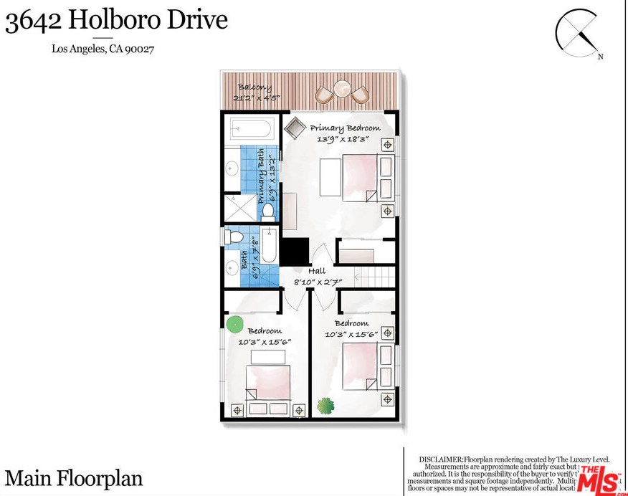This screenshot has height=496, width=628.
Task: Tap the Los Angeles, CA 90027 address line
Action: [103, 49]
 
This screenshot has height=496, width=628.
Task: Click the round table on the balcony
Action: [342, 90]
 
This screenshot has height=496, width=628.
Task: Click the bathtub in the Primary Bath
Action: [250, 131]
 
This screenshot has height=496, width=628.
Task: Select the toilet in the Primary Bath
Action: [267, 211]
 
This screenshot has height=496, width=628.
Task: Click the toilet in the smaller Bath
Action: [234, 237]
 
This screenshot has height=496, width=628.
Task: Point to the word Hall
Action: [317, 271]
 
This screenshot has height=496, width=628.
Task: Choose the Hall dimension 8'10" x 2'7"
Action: [317, 282]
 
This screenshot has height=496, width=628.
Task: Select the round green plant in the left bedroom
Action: [234, 324]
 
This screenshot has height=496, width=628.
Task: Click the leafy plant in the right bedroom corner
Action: [325, 405]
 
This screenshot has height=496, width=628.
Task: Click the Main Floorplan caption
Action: [74, 478]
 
